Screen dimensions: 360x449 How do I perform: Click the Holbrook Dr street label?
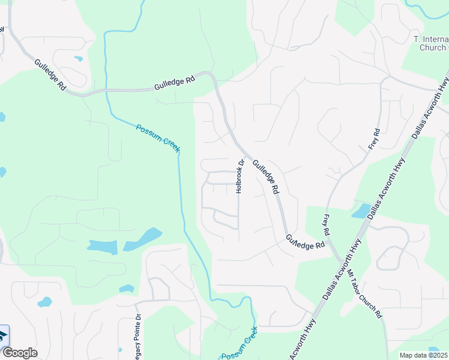coord(240,176)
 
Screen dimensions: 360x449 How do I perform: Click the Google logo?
coord(19,353)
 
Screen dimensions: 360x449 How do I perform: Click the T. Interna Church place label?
coord(431,43)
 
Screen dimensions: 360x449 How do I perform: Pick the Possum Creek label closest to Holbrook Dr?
coord(158,138)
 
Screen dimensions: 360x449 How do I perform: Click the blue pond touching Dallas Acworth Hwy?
coord(361,211)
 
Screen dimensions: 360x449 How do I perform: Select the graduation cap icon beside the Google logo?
coord(3,335)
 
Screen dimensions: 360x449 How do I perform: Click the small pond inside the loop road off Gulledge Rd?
coord(78,59)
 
